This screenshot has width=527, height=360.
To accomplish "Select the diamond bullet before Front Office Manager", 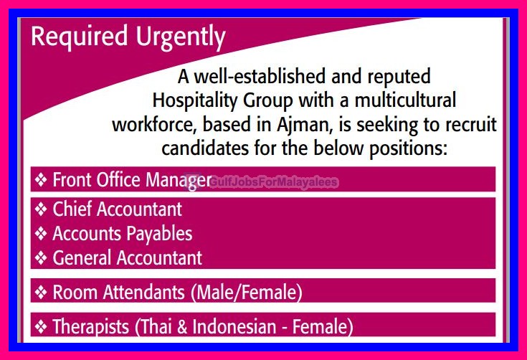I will click(41, 179).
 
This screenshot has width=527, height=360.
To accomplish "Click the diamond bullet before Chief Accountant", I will click(41, 209).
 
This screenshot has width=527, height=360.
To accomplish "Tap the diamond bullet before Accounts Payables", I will click(41, 234).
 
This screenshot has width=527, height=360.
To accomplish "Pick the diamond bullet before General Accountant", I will click(41, 257).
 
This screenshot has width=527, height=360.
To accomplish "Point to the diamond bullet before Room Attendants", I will click(41, 293).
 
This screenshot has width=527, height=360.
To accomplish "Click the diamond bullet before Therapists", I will click(41, 328).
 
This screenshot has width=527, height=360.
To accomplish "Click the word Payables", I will click(159, 234).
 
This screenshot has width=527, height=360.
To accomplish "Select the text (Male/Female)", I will click(245, 293).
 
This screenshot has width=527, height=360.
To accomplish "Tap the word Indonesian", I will click(235, 328).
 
